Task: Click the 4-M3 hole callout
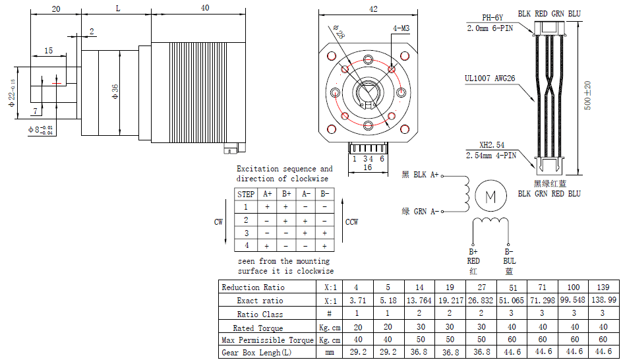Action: pos(401,29)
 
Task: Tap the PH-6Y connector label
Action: pos(492,18)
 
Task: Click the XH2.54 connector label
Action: pos(492,144)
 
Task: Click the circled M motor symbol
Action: pos(490,196)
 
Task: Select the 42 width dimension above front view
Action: pos(373,9)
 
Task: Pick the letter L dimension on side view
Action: pos(117,9)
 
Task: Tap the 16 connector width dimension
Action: pos(367,167)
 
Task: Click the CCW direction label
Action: pos(352,222)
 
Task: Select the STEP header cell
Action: pos(246,195)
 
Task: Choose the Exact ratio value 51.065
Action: pos(513,301)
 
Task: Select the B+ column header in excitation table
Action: pos(287,195)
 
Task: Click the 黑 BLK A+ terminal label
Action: pos(420,175)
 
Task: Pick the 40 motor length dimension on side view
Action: pos(204,9)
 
